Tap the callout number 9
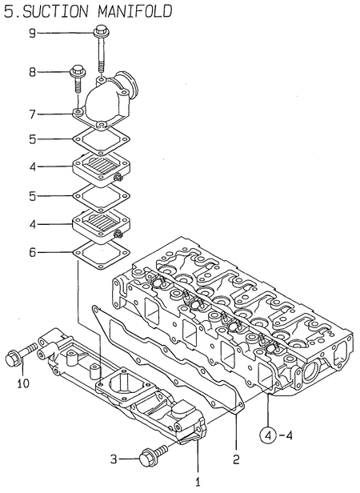pyautogui.click(x=32, y=33)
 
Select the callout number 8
pyautogui.click(x=32, y=72)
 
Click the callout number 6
pyautogui.click(x=32, y=253)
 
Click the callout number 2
pyautogui.click(x=237, y=459)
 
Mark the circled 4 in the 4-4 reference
pyautogui.click(x=270, y=436)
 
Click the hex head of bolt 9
pyautogui.click(x=102, y=33)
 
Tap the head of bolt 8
pyautogui.click(x=77, y=71)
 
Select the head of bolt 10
pyautogui.click(x=14, y=358)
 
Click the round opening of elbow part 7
pyautogui.click(x=129, y=86)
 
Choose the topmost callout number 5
pyautogui.click(x=32, y=138)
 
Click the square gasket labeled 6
pyautogui.click(x=99, y=253)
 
